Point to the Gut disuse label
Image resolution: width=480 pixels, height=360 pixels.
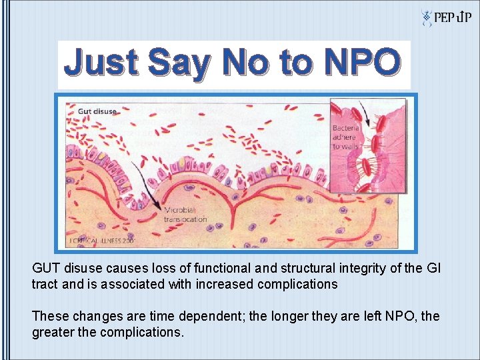pos(97,111)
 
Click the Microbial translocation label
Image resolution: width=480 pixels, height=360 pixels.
pos(185,214)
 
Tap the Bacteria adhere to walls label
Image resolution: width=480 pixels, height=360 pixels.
pos(346,137)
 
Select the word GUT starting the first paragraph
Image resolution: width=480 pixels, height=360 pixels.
pos(47,268)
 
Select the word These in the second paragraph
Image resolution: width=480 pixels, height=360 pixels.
pos(50,315)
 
